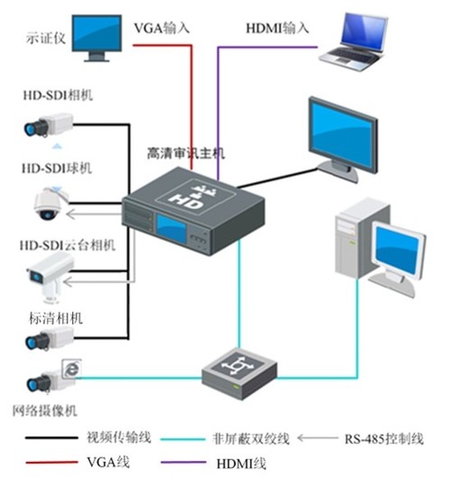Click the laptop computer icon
(354, 41)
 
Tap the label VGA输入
(161, 28)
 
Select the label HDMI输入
(278, 28)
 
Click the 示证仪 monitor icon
(97, 38)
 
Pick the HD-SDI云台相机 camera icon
(51, 277)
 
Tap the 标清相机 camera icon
(50, 338)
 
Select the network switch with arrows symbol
(239, 373)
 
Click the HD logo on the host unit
(188, 201)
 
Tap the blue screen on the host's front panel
(171, 228)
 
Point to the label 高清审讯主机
(186, 153)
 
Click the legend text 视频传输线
(119, 438)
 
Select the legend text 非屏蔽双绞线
(251, 438)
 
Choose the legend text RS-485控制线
(384, 439)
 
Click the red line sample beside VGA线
(51, 462)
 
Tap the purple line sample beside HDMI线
(183, 462)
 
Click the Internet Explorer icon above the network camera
(72, 369)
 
